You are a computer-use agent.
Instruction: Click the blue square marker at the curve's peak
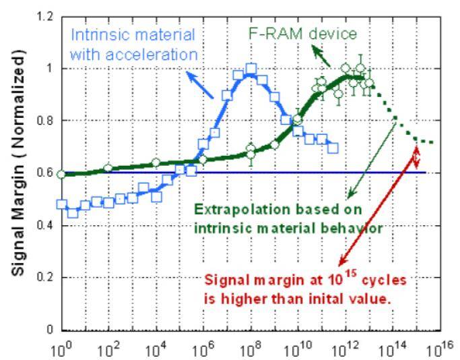tap(251, 69)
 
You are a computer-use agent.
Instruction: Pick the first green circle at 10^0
tap(62, 174)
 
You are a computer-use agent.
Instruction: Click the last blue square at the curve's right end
tap(333, 146)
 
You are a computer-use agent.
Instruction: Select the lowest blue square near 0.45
tap(73, 212)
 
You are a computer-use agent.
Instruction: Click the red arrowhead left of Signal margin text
tap(341, 264)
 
